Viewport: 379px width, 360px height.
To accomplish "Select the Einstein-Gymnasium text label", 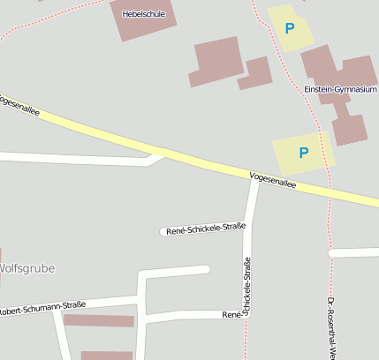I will click(x=340, y=90).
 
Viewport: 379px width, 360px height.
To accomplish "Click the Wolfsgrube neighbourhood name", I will click(x=27, y=268).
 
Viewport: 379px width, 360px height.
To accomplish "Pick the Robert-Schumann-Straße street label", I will click(x=42, y=309).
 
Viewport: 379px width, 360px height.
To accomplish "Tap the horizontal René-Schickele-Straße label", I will click(x=205, y=229).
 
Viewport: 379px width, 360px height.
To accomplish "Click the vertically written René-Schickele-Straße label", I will click(x=247, y=287).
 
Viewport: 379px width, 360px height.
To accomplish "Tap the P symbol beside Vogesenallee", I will click(x=304, y=153).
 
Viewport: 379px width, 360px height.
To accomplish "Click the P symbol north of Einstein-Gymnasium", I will click(x=289, y=28).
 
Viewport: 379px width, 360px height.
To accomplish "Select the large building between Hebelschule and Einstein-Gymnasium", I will click(x=216, y=61).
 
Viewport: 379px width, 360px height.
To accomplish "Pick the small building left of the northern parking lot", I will click(x=255, y=72).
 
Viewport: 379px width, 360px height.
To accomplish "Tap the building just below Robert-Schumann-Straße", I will click(x=98, y=320).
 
